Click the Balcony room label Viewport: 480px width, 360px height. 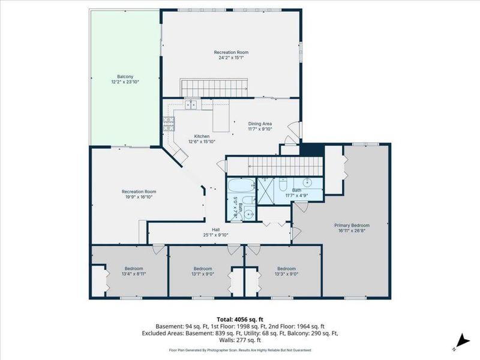[x=125, y=77]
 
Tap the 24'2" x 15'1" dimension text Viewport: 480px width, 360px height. [x=231, y=58]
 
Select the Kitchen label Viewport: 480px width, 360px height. [x=202, y=136]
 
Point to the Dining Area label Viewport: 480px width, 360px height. [x=260, y=124]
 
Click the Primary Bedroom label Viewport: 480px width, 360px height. [x=352, y=226]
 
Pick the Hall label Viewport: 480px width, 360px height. [x=216, y=230]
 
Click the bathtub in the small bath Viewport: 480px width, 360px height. [x=242, y=185]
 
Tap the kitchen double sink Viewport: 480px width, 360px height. [x=191, y=104]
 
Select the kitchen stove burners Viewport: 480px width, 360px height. [x=169, y=124]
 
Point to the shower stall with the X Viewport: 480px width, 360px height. [x=267, y=191]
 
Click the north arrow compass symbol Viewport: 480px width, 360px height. [x=461, y=342]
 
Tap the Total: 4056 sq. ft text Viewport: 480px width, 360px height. [x=239, y=320]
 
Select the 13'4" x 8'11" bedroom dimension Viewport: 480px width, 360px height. [x=134, y=274]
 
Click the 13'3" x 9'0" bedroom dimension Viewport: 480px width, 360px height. [x=287, y=274]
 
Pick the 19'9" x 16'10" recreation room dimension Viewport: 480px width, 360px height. [x=139, y=197]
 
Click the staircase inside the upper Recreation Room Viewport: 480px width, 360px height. [x=214, y=88]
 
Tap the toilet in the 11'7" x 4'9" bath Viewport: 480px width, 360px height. [x=283, y=185]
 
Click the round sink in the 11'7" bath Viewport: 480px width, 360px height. [x=307, y=182]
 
